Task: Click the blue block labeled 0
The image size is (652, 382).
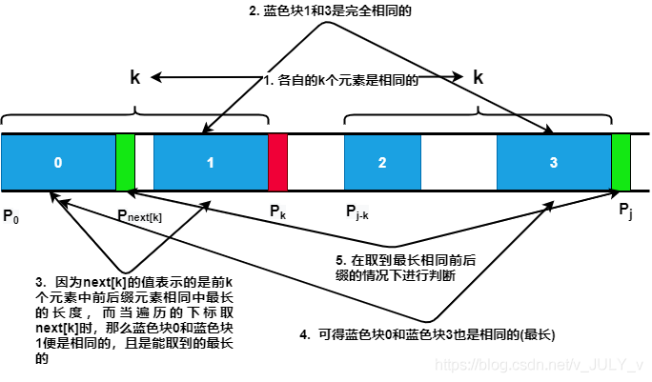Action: pos(58,162)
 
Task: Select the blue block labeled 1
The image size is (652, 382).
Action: pos(211,162)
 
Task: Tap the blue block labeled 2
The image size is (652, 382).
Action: pos(381,162)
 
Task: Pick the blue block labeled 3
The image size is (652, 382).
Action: pos(553,162)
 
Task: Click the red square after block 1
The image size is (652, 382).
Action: pos(277,162)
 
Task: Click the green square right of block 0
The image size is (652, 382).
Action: pos(125,162)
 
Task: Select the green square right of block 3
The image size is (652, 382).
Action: pos(621,162)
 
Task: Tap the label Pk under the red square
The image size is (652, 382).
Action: pos(277,211)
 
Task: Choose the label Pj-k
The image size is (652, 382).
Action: pos(362,211)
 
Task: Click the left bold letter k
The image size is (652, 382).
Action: pos(135,79)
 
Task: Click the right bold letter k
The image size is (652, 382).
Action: pos(478,79)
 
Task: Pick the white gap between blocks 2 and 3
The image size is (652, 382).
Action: pos(458,162)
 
